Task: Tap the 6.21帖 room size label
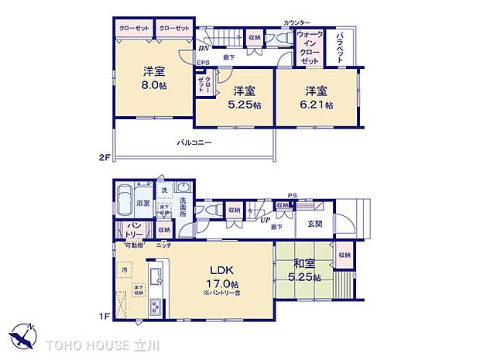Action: point(318,105)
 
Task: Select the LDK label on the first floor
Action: point(217,272)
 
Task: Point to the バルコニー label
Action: point(194,142)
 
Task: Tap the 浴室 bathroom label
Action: point(143,203)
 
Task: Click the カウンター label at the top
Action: point(297,23)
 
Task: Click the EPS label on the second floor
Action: point(203,63)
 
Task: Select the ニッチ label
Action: point(163,245)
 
